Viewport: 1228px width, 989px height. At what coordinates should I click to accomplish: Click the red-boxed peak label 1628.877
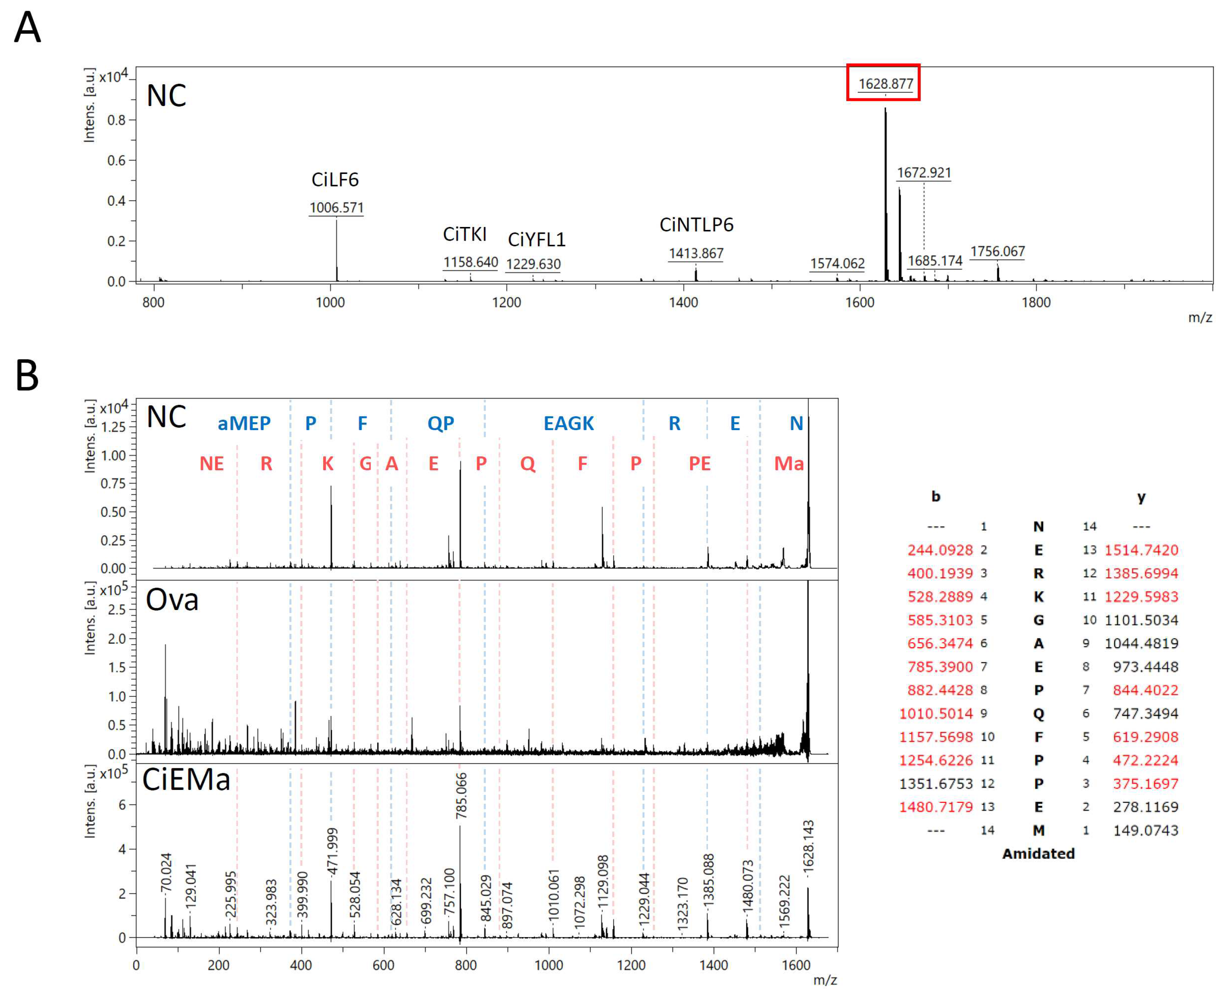885,84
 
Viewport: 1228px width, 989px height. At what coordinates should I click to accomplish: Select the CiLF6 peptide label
335,180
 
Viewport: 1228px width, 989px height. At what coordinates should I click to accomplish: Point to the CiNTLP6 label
696,225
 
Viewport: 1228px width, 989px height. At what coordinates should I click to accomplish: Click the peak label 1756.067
997,251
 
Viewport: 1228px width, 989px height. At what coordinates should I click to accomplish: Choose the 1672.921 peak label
924,172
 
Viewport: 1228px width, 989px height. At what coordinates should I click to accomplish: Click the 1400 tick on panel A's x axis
683,303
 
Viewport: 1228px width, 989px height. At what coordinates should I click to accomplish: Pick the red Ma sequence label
789,464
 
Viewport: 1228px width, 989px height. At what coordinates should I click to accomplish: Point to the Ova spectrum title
172,600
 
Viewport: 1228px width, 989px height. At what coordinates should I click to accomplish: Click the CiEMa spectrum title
186,779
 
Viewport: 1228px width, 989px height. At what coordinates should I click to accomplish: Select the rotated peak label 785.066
461,795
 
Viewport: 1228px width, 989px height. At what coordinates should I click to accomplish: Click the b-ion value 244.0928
940,550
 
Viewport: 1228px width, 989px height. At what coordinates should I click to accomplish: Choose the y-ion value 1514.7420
1141,550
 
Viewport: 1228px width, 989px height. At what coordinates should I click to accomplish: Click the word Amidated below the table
1038,853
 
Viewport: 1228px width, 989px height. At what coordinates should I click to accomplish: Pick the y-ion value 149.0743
1145,830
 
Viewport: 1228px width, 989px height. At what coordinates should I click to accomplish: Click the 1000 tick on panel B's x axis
548,965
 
